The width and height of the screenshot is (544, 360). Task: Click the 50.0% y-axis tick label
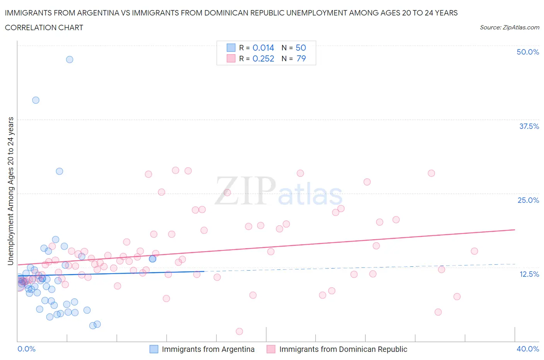(528, 52)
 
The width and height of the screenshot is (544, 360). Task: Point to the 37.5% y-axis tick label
(529, 126)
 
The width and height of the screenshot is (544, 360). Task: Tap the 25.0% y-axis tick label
(528, 200)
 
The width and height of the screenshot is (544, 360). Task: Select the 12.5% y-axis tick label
(529, 274)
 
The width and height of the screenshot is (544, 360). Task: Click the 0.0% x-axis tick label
(27, 349)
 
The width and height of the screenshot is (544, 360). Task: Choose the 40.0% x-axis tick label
(528, 349)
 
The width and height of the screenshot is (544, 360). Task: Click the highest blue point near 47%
(70, 60)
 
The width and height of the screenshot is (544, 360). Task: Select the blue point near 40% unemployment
(36, 100)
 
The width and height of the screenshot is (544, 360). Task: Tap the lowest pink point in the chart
(239, 331)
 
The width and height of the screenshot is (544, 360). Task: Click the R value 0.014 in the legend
(263, 48)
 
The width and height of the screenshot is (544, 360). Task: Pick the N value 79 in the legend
(301, 58)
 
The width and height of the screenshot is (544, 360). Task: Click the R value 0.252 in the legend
(263, 58)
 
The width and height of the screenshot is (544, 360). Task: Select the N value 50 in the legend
(301, 48)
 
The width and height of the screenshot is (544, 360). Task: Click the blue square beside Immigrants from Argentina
(154, 349)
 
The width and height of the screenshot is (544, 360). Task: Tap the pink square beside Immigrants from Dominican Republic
(271, 349)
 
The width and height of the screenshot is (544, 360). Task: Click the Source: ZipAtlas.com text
(509, 27)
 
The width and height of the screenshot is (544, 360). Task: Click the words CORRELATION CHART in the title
(44, 27)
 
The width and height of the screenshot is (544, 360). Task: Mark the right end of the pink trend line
(515, 230)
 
